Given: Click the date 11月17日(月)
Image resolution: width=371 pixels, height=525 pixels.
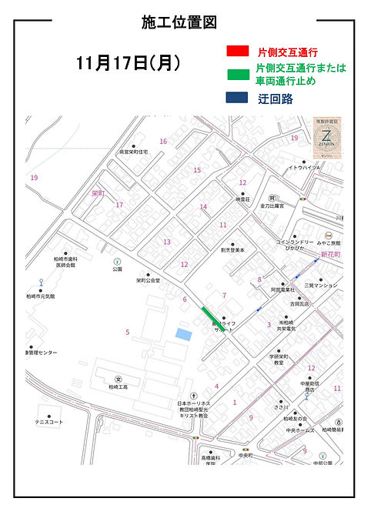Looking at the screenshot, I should (x=129, y=64).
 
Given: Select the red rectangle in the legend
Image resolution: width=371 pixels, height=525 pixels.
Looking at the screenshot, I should (x=237, y=51).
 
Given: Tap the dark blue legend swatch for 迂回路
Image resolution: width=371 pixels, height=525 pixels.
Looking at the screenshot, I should (x=237, y=98).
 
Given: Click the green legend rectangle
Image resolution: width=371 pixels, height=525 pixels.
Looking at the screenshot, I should (x=237, y=75).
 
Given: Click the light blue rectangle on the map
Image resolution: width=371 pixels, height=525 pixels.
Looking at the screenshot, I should (x=182, y=333).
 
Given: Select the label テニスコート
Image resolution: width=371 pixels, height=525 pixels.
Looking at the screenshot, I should (x=48, y=422).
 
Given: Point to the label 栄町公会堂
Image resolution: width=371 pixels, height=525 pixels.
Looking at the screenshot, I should (x=149, y=281).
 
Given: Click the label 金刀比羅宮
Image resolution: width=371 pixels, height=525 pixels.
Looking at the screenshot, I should (x=272, y=206).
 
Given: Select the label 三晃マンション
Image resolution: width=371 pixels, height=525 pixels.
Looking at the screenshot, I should (x=321, y=286).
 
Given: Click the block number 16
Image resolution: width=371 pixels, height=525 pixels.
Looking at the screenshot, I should (x=163, y=141).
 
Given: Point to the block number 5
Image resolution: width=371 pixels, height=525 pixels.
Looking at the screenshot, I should (x=127, y=332).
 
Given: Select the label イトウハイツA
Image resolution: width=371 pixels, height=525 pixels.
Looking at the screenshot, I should (x=304, y=167).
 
